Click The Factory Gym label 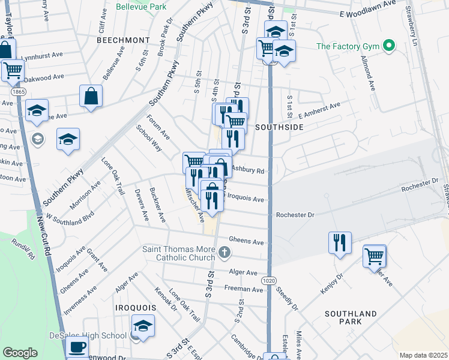click(x=349, y=46)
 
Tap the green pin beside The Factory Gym click(x=389, y=46)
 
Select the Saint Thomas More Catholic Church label click(x=178, y=253)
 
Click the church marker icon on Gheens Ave click(x=225, y=252)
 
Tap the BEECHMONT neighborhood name click(x=122, y=40)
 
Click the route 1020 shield click(x=268, y=281)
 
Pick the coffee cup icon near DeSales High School click(x=77, y=347)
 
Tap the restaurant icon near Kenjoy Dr click(x=340, y=242)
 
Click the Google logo click(x=20, y=353)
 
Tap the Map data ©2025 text click(x=423, y=355)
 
